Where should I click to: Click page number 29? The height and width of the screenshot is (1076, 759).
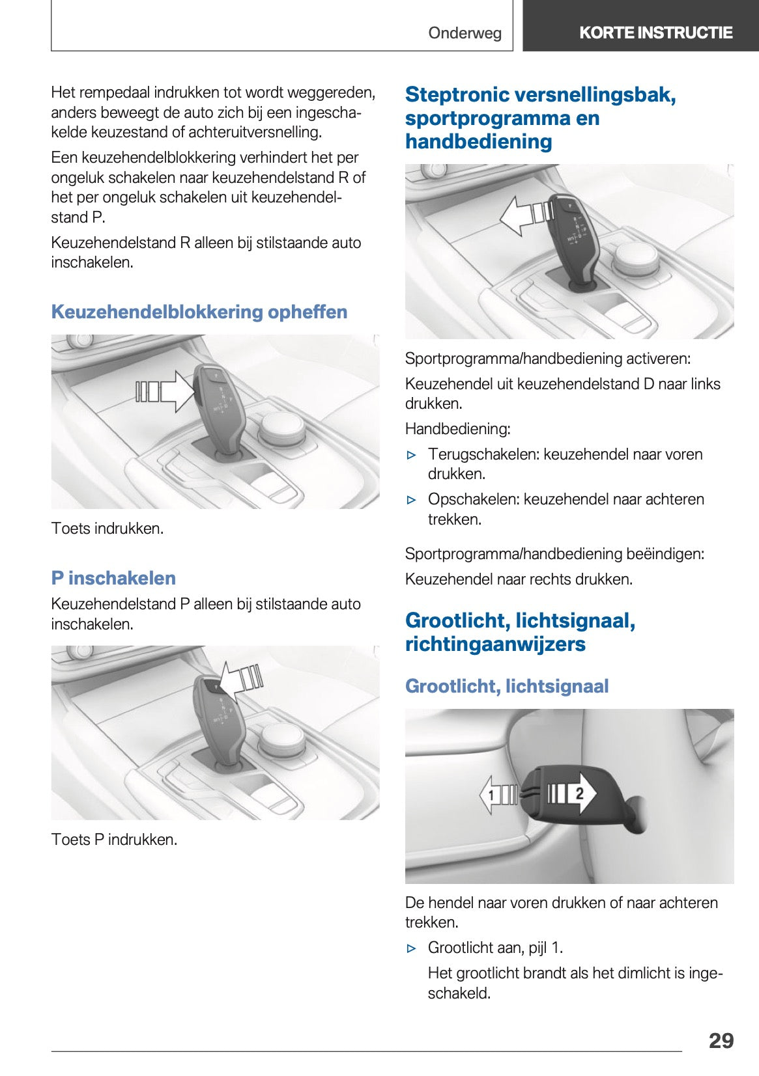pos(721,1040)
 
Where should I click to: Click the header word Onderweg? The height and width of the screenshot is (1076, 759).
pos(465,33)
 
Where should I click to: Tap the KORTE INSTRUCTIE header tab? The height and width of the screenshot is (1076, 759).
pos(655,33)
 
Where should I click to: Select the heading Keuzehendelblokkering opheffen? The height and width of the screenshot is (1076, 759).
pos(199,312)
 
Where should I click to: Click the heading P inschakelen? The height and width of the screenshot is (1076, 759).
pos(113,578)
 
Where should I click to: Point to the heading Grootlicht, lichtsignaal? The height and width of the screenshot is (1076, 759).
pos(506,686)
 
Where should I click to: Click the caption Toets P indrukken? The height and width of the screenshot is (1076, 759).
pos(114,839)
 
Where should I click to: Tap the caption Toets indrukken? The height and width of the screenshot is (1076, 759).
pos(107,528)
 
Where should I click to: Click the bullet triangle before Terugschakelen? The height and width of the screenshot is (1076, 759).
pos(411,455)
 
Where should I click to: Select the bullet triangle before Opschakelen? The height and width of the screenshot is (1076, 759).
pos(411,500)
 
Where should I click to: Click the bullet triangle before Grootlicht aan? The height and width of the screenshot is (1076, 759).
pos(411,948)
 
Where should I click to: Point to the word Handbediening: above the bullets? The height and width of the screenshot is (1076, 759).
pos(457,428)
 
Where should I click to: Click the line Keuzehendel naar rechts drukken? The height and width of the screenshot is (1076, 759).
pos(519,579)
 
